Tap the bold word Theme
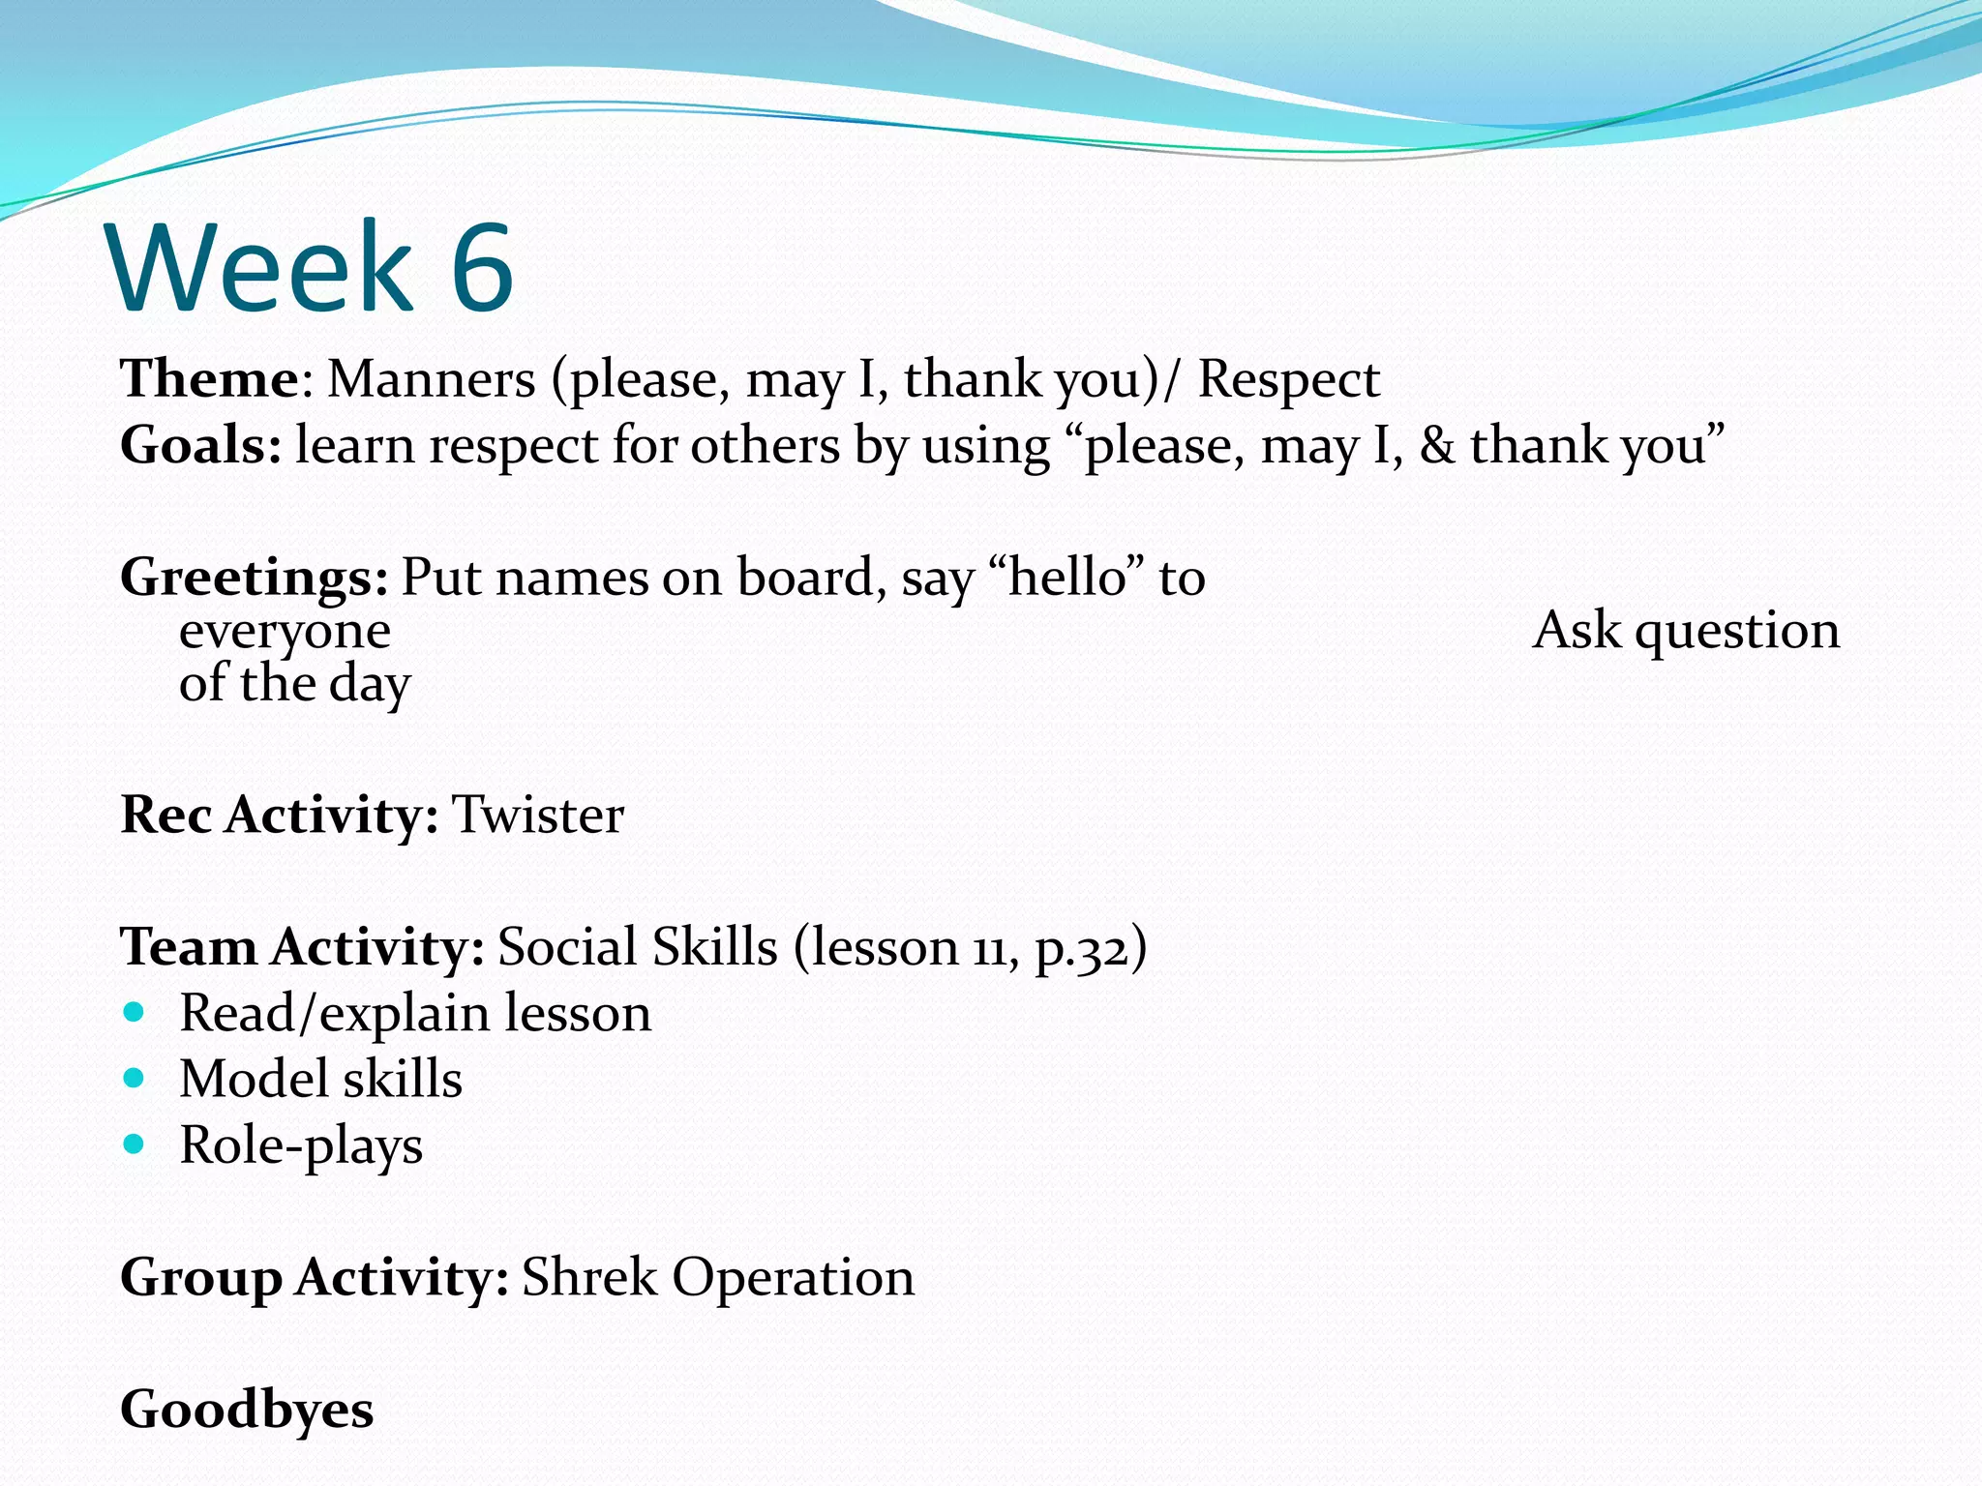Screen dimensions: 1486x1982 209,378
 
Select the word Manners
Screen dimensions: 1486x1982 431,378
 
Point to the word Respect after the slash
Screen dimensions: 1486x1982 1288,378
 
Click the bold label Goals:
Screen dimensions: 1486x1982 200,446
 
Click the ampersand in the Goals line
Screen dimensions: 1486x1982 1436,446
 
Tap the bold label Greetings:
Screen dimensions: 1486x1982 254,578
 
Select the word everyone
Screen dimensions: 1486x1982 285,632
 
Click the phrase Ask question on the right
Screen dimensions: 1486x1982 1686,630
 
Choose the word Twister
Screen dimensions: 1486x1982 538,815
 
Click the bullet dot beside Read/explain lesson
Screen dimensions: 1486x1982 135,1013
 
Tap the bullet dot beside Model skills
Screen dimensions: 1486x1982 135,1078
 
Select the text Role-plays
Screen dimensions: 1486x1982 301,1145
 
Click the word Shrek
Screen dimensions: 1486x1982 589,1277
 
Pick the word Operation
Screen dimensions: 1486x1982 793,1277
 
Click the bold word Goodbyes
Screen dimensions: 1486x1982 247,1409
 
